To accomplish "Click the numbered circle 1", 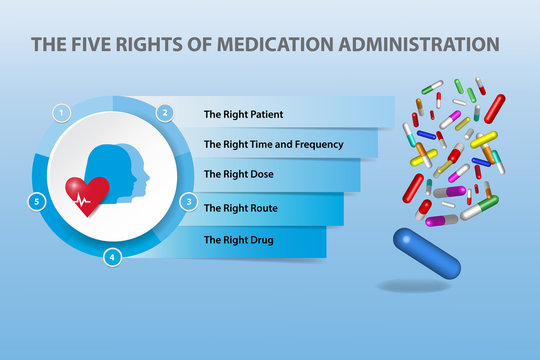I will pyautogui.click(x=62, y=113).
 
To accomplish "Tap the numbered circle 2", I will pyautogui.click(x=165, y=113).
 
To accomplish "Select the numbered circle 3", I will pyautogui.click(x=188, y=201).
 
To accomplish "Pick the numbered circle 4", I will pyautogui.click(x=113, y=257).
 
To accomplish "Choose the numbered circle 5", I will pyautogui.click(x=36, y=201).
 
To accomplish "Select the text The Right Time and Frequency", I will pyautogui.click(x=273, y=144).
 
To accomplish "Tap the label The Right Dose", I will pyautogui.click(x=238, y=174).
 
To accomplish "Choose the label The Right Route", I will pyautogui.click(x=240, y=208).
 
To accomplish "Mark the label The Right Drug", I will pyautogui.click(x=238, y=240).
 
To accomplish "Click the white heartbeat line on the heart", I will pyautogui.click(x=84, y=199).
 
